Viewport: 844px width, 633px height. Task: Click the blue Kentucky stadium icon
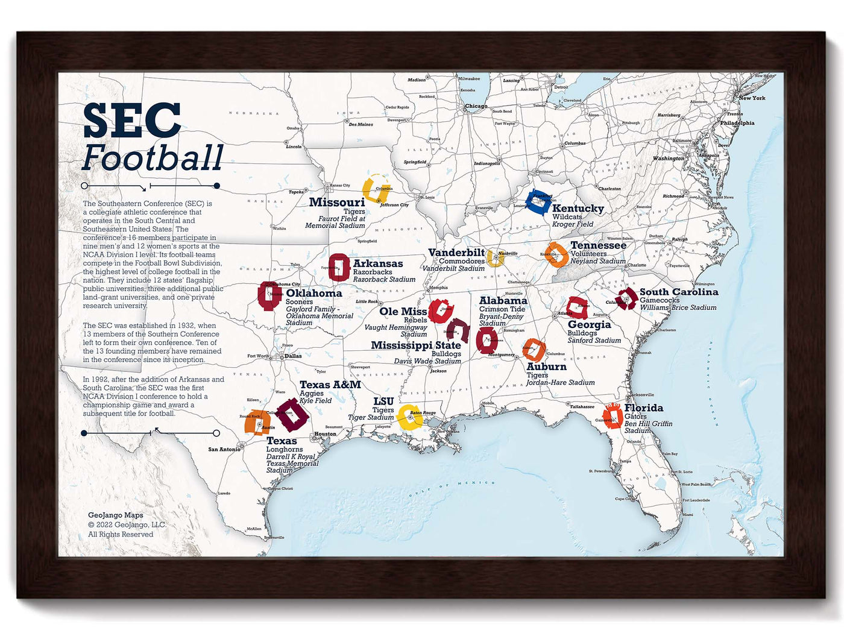point(538,202)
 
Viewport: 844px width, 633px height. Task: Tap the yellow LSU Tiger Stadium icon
point(410,417)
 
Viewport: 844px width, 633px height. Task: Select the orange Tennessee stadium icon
point(556,254)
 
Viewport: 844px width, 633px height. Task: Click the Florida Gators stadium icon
point(613,416)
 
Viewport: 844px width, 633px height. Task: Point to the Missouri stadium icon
point(377,189)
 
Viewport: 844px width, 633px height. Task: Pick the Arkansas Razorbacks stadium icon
point(339,268)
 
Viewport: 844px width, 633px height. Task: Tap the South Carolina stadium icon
point(626,298)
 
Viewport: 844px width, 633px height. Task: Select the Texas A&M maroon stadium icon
point(292,414)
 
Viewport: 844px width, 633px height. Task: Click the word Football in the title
point(153,158)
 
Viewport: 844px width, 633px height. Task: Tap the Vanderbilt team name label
point(456,253)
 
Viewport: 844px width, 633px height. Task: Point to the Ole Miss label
point(403,312)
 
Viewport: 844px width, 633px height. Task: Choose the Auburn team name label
point(546,367)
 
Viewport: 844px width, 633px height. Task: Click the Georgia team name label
point(589,324)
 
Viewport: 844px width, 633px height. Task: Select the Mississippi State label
point(415,345)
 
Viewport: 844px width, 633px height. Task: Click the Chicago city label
point(476,106)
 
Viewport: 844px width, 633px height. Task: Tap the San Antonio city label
point(224,449)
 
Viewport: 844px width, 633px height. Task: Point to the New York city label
point(752,98)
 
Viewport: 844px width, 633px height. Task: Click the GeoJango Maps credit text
point(116,515)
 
